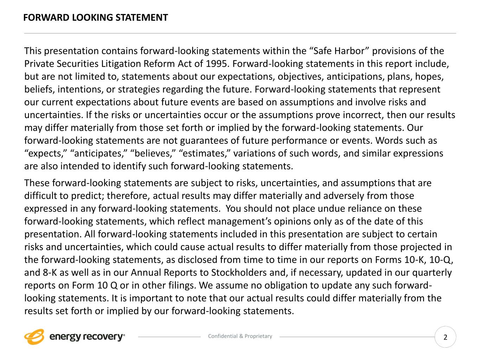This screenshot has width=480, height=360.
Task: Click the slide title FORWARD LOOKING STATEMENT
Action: click(x=96, y=18)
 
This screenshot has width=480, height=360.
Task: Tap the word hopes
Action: click(x=431, y=77)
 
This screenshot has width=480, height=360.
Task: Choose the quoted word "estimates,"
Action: click(x=204, y=154)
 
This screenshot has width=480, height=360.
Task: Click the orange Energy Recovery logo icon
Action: click(x=34, y=337)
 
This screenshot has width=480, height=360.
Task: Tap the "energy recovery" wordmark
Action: click(x=87, y=337)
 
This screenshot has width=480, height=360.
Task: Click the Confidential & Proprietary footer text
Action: click(x=240, y=336)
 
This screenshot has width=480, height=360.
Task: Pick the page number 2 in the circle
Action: click(x=446, y=337)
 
